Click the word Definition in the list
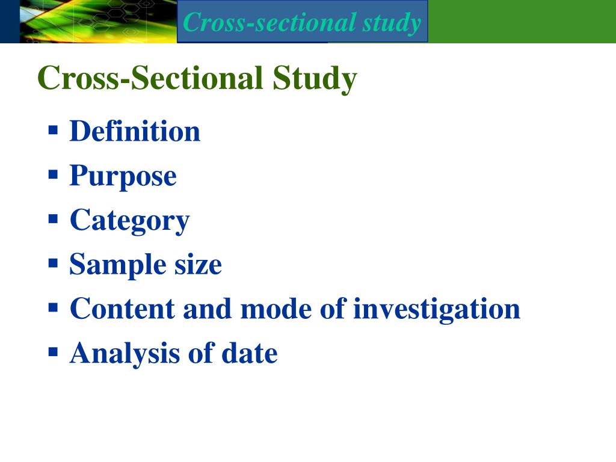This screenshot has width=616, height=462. (135, 132)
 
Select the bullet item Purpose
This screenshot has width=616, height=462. (123, 176)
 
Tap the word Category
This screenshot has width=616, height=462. (129, 221)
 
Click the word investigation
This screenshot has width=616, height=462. (436, 309)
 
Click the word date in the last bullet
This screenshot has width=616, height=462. (249, 354)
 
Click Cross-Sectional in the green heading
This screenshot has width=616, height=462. (150, 79)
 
